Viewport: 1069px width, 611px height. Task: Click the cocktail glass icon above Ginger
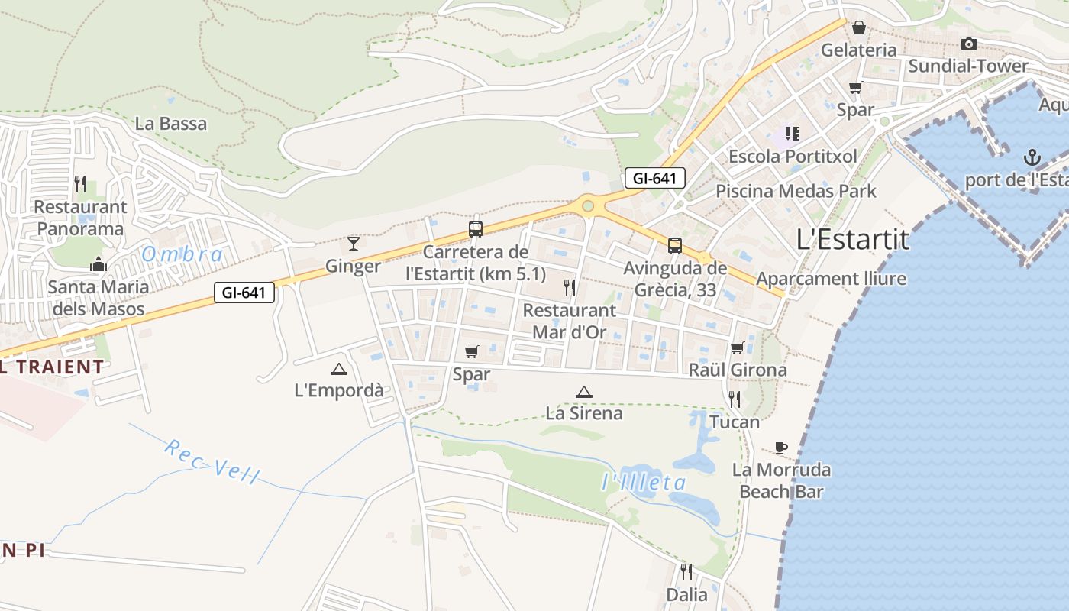354,244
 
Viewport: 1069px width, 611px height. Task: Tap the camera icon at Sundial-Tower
969,44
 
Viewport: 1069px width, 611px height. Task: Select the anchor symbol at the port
1032,157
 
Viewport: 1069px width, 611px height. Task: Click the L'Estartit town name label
853,240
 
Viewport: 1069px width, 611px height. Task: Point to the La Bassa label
171,124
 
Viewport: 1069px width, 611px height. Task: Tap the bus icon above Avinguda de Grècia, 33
675,246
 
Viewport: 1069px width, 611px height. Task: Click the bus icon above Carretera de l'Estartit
476,228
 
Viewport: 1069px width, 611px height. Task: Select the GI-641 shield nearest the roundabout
654,179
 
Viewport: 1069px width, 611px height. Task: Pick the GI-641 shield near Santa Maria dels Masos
244,293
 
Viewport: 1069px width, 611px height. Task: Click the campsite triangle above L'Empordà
339,370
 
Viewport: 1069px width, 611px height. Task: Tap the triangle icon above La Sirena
584,393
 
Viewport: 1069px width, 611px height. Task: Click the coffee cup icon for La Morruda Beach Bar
780,448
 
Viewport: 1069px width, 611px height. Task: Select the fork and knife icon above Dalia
686,571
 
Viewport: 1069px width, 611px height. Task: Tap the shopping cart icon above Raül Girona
738,348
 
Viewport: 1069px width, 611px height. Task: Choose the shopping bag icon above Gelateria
859,28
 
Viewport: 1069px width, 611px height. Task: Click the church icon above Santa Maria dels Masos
98,265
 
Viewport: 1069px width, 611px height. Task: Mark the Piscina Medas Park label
796,191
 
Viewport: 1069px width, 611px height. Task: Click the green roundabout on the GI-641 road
587,205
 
